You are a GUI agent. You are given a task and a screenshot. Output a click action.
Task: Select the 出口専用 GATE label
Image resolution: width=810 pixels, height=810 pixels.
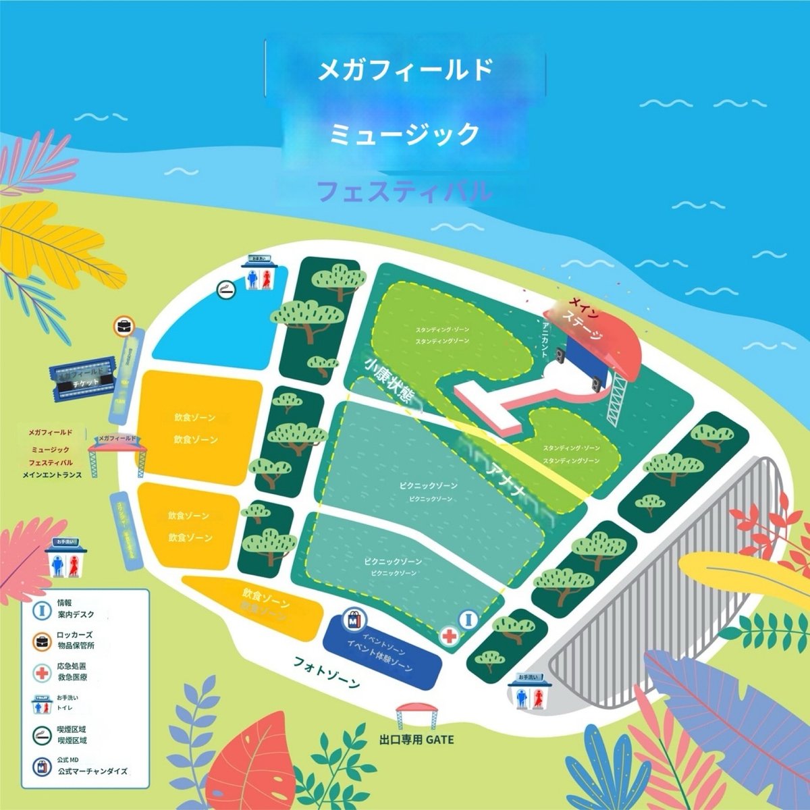[416, 740]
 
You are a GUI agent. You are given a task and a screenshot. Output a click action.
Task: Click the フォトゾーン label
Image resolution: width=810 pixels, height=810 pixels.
[327, 671]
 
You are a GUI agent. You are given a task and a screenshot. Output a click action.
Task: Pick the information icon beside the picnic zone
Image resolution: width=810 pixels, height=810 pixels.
[468, 618]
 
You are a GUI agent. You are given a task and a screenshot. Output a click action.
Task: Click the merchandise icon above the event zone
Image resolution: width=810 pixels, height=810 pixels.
[354, 618]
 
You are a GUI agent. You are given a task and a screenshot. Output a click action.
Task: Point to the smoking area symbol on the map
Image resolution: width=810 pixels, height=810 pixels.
[225, 290]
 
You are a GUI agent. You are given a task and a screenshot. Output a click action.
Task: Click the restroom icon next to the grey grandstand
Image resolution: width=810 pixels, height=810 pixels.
[530, 693]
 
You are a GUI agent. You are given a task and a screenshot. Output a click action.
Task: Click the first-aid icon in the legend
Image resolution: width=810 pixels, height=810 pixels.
[43, 672]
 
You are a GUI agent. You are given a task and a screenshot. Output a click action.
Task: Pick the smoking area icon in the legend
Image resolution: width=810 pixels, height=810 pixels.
[43, 734]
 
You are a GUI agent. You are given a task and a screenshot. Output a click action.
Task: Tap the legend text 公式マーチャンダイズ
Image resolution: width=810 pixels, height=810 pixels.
[92, 771]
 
